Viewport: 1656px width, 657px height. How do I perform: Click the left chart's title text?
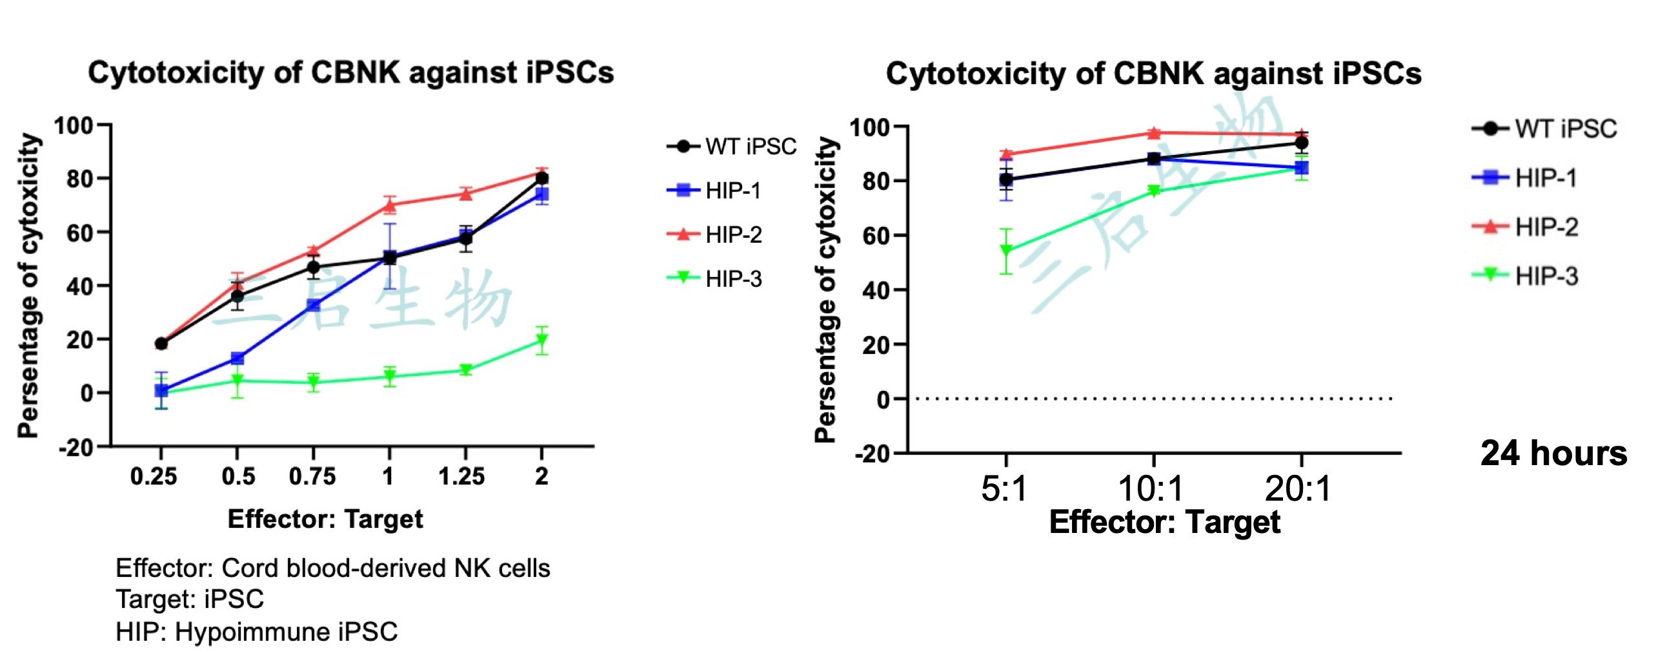350,72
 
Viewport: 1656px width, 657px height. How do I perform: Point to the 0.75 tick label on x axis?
312,477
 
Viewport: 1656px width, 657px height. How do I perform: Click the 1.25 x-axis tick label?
461,477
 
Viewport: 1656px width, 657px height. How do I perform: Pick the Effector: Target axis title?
325,519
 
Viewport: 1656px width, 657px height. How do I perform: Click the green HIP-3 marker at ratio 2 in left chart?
542,340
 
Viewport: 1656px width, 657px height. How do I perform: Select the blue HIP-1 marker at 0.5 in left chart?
237,359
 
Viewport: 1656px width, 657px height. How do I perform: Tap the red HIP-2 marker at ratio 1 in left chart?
389,206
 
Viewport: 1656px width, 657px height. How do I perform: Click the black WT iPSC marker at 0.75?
314,267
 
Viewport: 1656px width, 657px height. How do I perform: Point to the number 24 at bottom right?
1499,454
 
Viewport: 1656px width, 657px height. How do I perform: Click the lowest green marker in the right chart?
1005,251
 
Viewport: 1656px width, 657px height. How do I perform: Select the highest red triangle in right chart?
1154,133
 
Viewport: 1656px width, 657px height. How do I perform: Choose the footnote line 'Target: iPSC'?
190,600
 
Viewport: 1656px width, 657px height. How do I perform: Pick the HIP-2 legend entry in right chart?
1546,227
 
